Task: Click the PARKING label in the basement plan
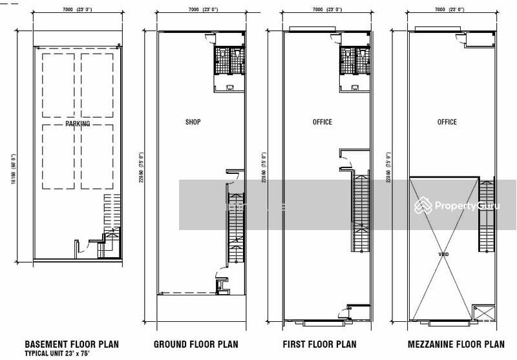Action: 78,123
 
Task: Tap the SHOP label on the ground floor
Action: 193,122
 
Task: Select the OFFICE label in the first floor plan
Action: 322,122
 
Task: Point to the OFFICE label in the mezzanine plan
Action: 447,122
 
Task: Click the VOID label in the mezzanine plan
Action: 443,255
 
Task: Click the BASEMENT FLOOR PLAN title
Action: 72,344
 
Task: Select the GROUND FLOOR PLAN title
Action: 196,344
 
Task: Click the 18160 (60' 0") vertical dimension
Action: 14,169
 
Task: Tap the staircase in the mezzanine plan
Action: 485,217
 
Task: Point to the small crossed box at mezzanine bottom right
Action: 481,313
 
